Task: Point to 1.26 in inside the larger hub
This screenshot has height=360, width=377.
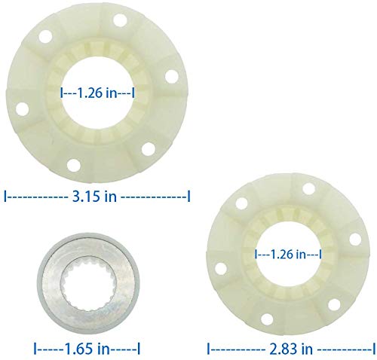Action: (x=97, y=93)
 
